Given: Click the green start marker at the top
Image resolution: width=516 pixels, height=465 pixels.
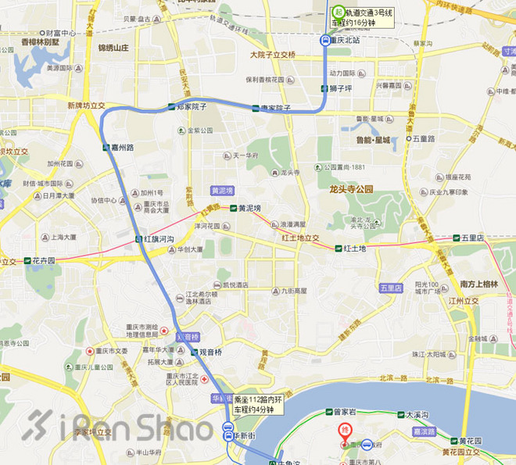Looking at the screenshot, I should [x=338, y=12].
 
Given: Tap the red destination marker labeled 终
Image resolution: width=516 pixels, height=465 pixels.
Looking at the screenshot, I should [x=345, y=431].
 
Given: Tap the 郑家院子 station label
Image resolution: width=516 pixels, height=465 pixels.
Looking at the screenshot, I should [x=192, y=107].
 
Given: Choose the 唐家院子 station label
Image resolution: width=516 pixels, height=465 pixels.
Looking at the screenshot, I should [x=275, y=108].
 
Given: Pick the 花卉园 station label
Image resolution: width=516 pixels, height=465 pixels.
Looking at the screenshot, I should [x=44, y=260].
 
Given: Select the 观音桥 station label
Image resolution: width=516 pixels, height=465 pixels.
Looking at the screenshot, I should [x=212, y=352].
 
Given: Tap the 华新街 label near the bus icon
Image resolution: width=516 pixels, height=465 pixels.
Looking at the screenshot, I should [x=246, y=435].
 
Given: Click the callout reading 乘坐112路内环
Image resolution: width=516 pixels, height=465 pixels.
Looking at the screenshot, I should [x=255, y=404].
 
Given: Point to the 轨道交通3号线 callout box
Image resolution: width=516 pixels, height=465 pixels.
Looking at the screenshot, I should [x=368, y=16].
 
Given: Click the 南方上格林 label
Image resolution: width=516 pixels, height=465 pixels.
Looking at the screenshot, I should [x=478, y=284].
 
